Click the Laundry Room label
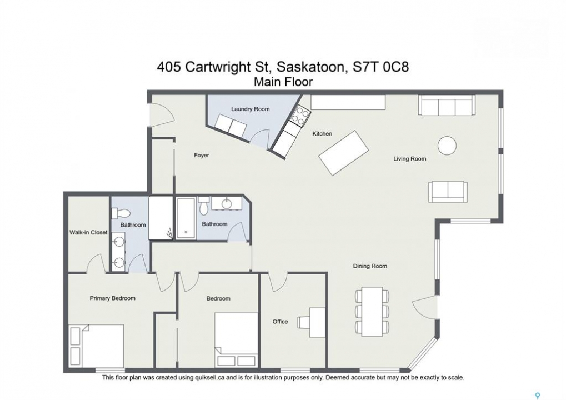(250, 109)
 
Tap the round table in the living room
(447, 146)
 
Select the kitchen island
(343, 153)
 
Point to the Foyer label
(202, 155)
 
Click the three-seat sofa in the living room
(447, 106)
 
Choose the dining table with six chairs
(372, 311)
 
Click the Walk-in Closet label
(88, 232)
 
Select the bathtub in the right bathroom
(186, 218)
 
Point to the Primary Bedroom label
(113, 298)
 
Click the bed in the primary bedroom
(97, 346)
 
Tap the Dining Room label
(370, 266)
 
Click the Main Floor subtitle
(283, 82)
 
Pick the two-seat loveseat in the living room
(448, 192)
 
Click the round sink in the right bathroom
(227, 204)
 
